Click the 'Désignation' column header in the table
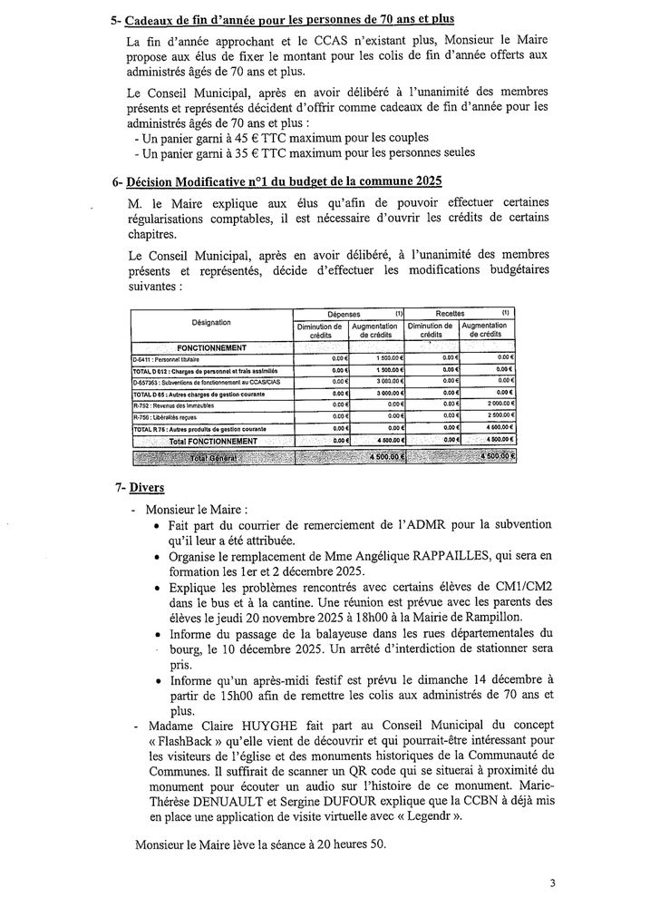(x=211, y=322)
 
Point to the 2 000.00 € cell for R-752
(x=497, y=405)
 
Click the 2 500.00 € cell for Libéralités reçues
(x=497, y=416)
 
